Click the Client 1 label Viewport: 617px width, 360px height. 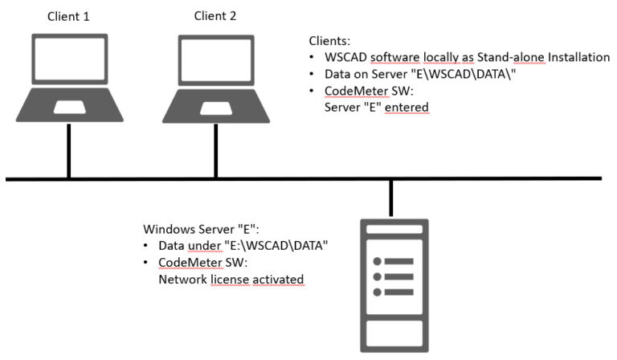pyautogui.click(x=69, y=14)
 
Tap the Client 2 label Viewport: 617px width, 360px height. pyautogui.click(x=215, y=14)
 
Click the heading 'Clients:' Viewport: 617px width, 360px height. pyautogui.click(x=329, y=40)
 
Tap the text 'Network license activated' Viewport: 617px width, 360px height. pyautogui.click(x=227, y=280)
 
